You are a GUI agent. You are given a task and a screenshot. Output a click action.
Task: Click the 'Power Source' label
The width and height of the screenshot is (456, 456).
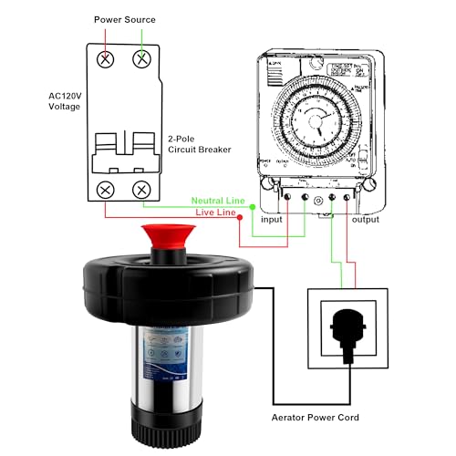point(126,19)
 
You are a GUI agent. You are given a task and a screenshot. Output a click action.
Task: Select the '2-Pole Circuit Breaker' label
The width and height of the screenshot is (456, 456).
point(199,145)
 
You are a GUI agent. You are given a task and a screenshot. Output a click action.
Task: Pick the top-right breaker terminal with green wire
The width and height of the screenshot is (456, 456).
point(142,58)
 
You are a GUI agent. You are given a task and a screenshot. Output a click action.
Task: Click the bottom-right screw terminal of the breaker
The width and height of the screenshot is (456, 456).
point(142,191)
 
